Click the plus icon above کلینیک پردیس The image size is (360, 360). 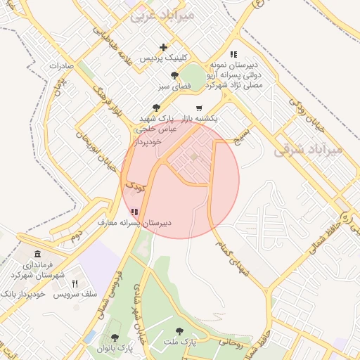tap(163, 48)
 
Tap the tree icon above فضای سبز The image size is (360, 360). tap(174, 76)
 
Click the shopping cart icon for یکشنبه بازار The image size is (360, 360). tap(200, 108)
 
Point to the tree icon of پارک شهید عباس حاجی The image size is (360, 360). tap(155, 108)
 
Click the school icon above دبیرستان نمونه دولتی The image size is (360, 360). tap(233, 53)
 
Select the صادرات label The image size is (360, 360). tap(62, 66)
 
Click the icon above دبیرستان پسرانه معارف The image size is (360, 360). tap(134, 212)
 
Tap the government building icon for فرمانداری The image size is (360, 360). tap(37, 255)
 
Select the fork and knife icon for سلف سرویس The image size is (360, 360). tap(75, 283)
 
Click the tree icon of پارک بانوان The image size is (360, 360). tap(115, 337)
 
